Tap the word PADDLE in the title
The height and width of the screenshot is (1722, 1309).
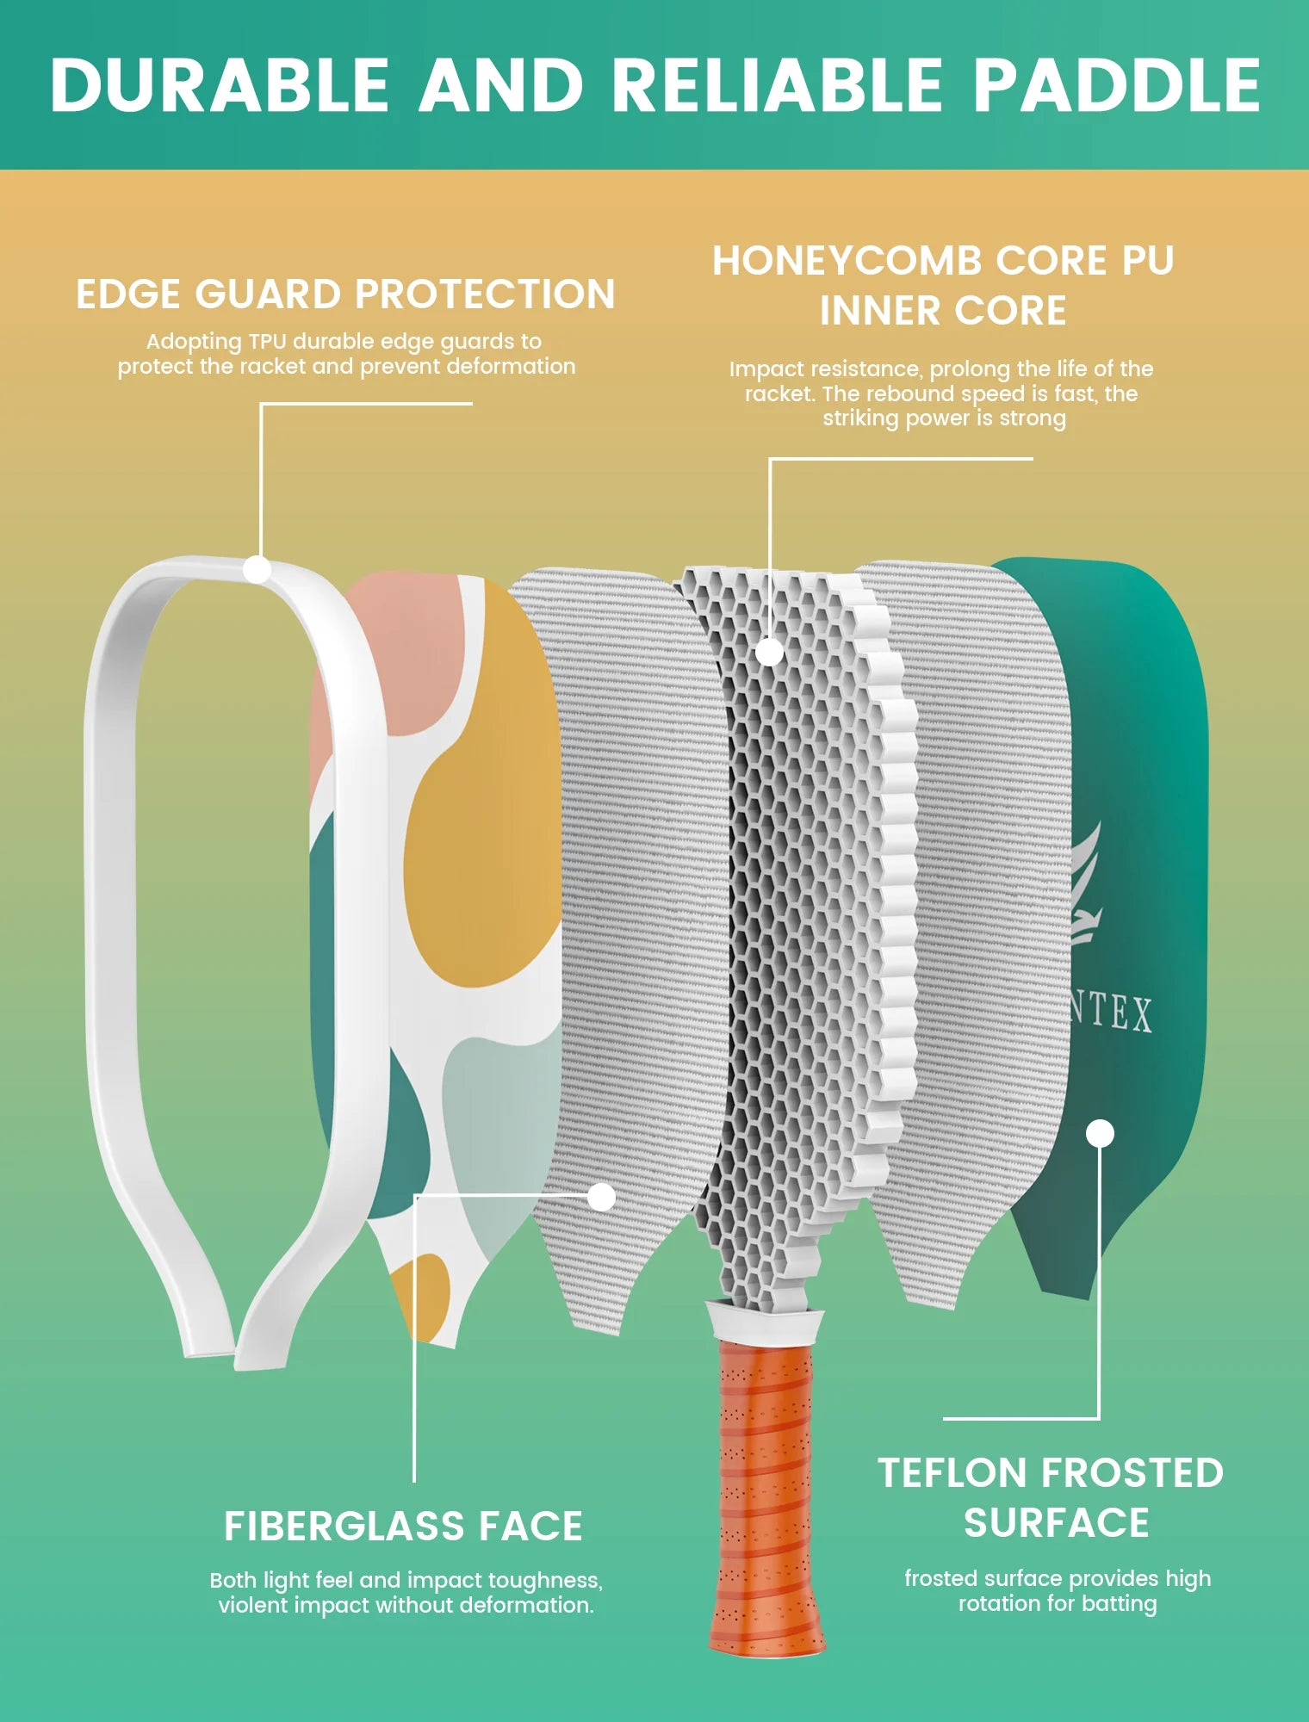tap(1116, 85)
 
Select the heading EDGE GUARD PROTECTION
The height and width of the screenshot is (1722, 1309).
tap(345, 294)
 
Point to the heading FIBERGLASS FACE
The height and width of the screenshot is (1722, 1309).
tap(403, 1527)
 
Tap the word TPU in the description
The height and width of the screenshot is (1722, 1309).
tap(267, 342)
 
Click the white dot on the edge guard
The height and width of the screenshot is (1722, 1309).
tap(257, 569)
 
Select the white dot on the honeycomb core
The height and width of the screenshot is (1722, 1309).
tap(769, 652)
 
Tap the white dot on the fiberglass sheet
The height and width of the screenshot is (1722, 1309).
tap(601, 1196)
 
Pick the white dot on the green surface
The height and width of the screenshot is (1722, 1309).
tap(1100, 1133)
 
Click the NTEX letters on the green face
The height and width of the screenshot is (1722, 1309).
tap(1111, 1013)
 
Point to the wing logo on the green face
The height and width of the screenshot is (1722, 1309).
tap(1085, 887)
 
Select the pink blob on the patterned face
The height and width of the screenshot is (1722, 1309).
tap(388, 663)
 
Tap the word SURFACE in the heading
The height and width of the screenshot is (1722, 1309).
tap(1057, 1523)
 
